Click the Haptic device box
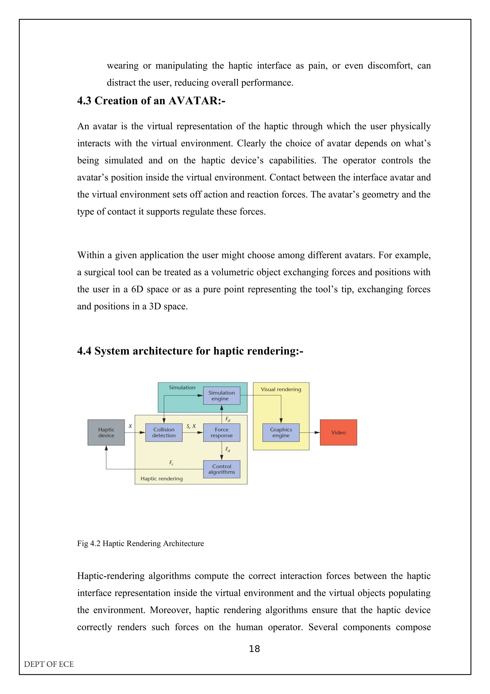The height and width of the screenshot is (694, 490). pyautogui.click(x=106, y=432)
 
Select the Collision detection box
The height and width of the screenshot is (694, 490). pyautogui.click(x=164, y=432)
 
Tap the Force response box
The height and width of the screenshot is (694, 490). pyautogui.click(x=222, y=432)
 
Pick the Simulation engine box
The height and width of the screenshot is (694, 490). pyautogui.click(x=222, y=395)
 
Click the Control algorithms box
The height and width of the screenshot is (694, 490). pyautogui.click(x=222, y=469)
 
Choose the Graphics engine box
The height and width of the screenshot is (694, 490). pyautogui.click(x=281, y=432)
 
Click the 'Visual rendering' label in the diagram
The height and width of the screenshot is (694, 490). pyautogui.click(x=281, y=389)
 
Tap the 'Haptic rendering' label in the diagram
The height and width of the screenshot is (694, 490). pyautogui.click(x=161, y=478)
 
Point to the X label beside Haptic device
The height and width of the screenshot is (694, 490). pyautogui.click(x=130, y=426)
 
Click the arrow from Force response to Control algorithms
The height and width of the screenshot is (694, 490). pyautogui.click(x=222, y=451)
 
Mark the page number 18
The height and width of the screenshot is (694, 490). pyautogui.click(x=254, y=649)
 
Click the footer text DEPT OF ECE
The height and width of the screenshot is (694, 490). pyautogui.click(x=49, y=664)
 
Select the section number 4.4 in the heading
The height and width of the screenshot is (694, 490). pyautogui.click(x=84, y=351)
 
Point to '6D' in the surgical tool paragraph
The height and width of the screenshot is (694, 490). pyautogui.click(x=137, y=289)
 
